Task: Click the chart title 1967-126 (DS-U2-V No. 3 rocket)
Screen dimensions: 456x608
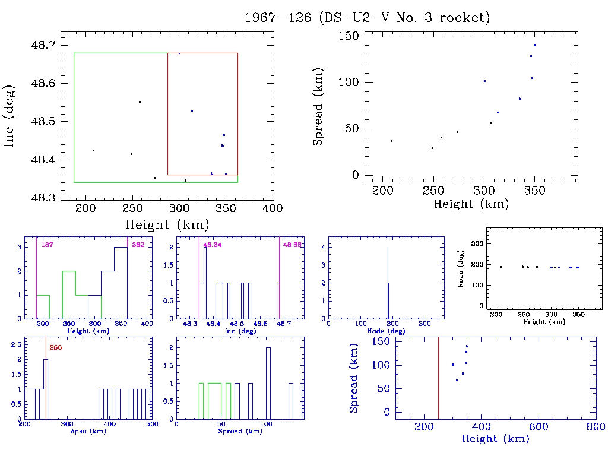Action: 368,18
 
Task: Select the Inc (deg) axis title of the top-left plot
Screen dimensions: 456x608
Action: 10,115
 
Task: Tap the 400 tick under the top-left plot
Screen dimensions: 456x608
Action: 273,208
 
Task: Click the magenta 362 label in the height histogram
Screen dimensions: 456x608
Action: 138,244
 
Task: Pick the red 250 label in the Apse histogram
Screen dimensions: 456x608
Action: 55,347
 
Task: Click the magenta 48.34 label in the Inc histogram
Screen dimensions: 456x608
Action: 211,244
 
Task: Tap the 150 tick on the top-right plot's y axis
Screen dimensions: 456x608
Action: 349,36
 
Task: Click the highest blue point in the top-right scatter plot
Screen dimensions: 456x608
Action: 534,45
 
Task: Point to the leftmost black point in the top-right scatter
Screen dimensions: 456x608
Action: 391,141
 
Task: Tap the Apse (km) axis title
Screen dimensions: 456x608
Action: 88,431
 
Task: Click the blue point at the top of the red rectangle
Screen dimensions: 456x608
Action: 179,54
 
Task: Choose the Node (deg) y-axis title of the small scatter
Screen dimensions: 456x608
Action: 460,275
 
